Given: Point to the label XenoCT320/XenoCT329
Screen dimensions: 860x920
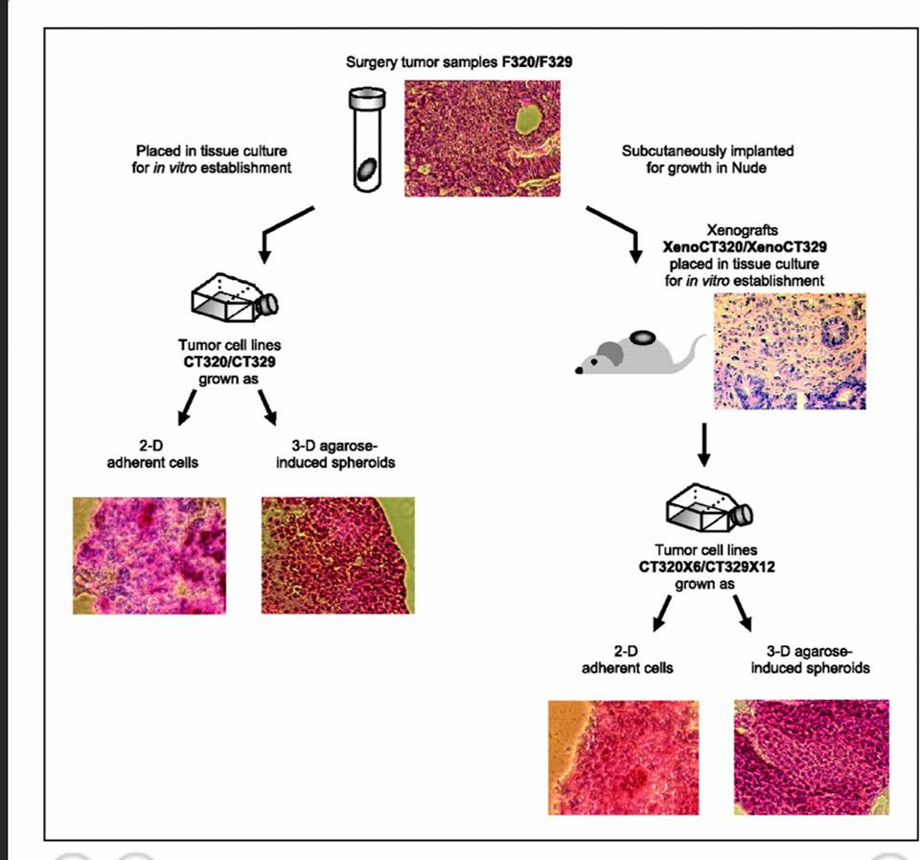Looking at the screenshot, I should pos(745,246).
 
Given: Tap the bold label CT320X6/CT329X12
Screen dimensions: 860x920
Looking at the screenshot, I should pos(707,567).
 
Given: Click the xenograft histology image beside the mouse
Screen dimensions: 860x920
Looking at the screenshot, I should pos(790,351).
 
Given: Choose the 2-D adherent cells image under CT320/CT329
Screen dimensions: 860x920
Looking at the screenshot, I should pos(149,555).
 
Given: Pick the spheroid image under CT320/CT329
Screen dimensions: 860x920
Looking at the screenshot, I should pos(337,555).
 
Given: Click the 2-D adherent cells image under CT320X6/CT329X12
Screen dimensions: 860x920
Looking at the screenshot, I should pos(623,757).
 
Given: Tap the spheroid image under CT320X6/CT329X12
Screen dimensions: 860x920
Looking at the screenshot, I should pos(811,757).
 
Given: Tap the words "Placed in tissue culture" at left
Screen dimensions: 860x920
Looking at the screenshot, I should pos(211,151).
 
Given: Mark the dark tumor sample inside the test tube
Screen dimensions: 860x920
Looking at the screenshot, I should pos(366,170).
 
